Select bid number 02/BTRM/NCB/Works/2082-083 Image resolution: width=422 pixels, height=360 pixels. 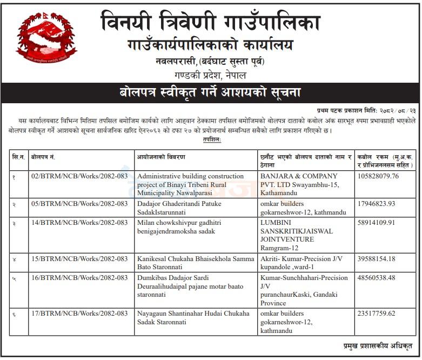79,176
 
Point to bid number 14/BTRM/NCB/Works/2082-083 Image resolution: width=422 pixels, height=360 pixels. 79,222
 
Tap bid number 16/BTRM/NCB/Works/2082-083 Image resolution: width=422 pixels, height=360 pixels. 79,278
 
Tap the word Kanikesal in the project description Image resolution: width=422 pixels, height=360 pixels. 153,259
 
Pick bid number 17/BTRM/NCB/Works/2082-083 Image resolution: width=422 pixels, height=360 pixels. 79,313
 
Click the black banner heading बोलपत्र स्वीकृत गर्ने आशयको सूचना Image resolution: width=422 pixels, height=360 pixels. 210,92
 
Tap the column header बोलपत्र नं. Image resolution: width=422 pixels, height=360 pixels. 46,157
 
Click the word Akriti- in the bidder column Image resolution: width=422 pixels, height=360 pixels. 272,259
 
